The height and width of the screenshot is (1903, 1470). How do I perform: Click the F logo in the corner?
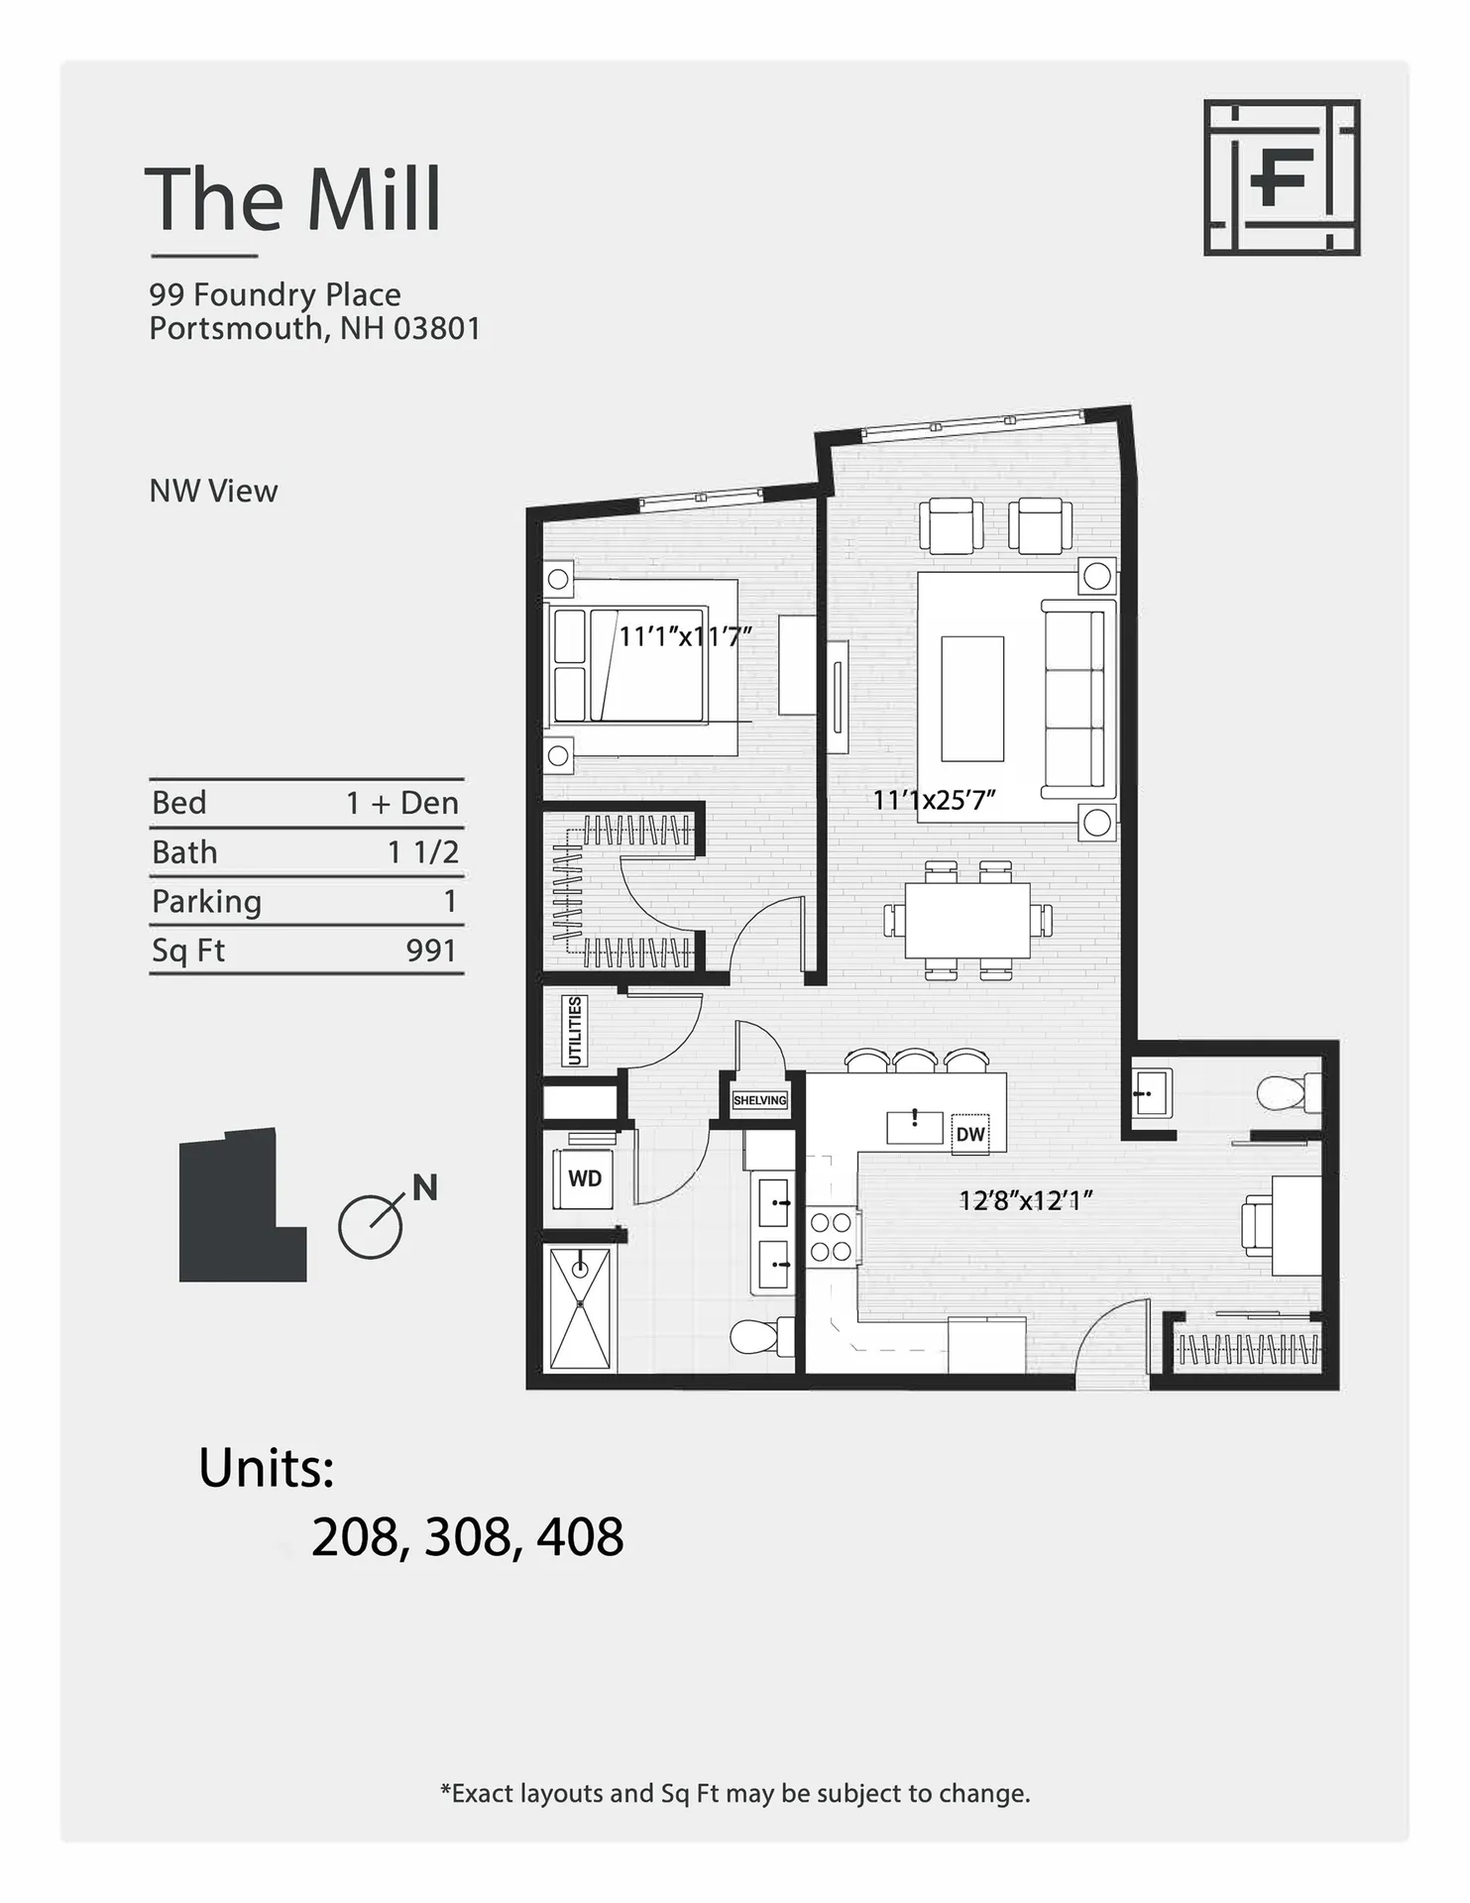1281,177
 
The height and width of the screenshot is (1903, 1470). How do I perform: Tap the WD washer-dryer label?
584,1178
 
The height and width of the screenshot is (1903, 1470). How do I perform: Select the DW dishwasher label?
970,1134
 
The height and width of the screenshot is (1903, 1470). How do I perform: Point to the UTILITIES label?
575,1031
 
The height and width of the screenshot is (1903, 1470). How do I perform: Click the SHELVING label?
759,1100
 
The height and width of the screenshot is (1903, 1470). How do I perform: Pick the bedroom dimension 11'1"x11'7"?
685,635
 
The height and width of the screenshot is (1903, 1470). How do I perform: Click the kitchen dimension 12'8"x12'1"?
1025,1200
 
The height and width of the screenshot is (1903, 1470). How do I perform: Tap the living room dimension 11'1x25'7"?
933,800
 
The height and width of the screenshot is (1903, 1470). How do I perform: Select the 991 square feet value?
431,951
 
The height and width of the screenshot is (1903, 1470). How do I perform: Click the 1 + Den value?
401,802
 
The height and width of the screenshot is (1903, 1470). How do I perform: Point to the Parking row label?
206,901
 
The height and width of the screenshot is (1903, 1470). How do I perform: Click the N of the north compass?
425,1187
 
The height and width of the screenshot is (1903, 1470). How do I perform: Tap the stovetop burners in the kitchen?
831,1237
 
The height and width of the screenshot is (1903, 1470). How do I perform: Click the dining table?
967,920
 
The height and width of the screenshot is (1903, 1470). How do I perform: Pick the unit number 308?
467,1537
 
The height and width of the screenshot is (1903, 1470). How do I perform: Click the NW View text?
213,491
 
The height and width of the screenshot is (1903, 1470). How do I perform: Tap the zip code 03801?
437,328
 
